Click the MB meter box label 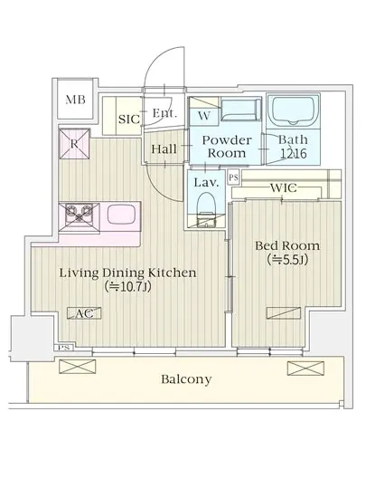tap(75, 100)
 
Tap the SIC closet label tap(129, 120)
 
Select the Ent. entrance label tap(164, 113)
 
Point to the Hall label tap(164, 149)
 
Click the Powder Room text tap(227, 147)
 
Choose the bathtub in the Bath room tap(293, 110)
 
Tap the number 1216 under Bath tap(294, 154)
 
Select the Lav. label tap(206, 183)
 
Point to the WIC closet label tap(283, 188)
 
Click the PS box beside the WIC tap(233, 177)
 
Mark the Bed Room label tap(287, 245)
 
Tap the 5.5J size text tap(287, 260)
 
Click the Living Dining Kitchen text tap(128, 273)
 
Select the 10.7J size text tap(128, 287)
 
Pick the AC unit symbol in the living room tap(84, 313)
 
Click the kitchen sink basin tap(121, 214)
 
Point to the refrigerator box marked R tap(74, 144)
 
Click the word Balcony tap(186, 379)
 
